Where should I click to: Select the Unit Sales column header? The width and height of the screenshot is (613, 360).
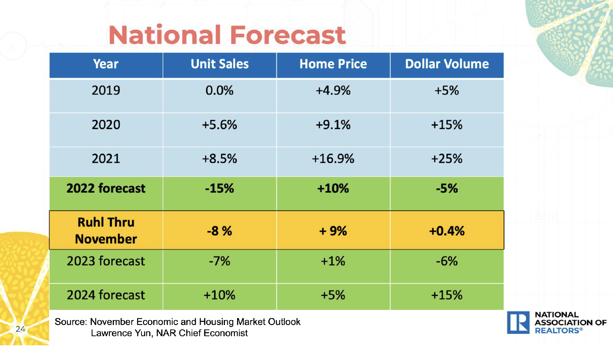point(220,64)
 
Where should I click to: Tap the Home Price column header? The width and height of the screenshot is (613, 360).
point(333,64)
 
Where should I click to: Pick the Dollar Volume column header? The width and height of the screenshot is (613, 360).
point(447,64)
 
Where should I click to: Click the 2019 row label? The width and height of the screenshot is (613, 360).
point(106,90)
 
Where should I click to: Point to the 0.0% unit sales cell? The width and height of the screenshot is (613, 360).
point(219,90)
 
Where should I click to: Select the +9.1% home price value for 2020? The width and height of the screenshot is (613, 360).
point(333,125)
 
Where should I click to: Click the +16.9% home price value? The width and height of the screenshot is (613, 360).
point(333,159)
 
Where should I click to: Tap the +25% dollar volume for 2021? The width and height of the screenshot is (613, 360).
point(447,159)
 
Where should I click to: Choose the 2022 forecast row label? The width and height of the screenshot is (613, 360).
point(106,188)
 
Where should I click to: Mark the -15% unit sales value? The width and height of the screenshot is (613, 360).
point(219,188)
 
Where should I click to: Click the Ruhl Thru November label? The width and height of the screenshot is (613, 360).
point(106,230)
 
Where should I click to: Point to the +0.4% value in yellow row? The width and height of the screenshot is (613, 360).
point(447,231)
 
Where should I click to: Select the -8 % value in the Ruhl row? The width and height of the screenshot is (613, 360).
point(219,231)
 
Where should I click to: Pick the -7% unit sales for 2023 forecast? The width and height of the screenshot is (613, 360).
point(219,261)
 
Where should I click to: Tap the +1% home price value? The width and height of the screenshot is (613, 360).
point(333,261)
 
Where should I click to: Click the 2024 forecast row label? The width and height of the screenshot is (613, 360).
point(106,295)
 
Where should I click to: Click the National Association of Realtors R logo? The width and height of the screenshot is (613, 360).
point(518,323)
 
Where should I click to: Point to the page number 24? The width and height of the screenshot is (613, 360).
point(20,329)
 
